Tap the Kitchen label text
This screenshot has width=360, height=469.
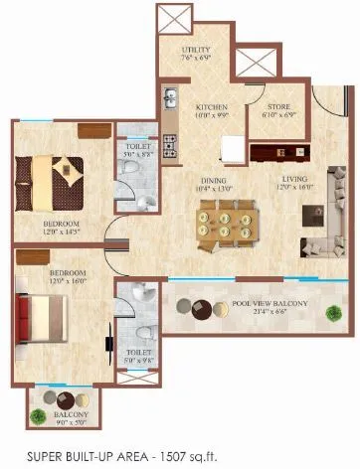click(211, 106)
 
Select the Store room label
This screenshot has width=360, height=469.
click(271, 106)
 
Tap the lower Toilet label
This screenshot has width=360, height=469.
click(138, 353)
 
